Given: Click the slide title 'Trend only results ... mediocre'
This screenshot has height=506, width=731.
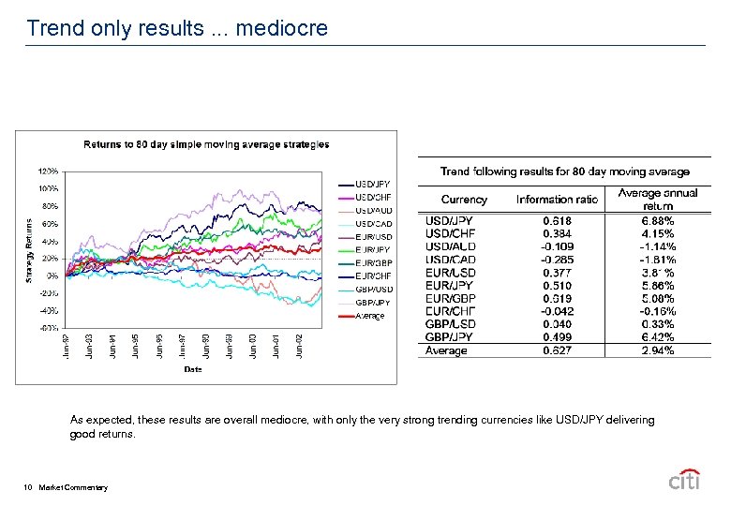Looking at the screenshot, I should tap(177, 28).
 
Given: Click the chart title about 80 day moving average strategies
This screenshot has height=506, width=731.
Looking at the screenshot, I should tap(206, 144).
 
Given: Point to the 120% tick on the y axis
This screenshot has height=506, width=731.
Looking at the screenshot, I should tap(49, 171).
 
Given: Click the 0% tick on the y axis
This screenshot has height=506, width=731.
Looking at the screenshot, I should tap(53, 275).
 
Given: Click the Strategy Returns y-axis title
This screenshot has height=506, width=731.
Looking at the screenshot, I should tap(31, 250).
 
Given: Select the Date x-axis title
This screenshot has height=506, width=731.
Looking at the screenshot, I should tap(192, 369).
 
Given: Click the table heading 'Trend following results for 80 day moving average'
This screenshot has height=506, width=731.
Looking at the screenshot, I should tap(565, 171).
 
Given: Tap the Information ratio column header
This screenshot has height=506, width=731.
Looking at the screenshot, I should tap(557, 200).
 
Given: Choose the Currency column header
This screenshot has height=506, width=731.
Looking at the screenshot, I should tap(464, 200).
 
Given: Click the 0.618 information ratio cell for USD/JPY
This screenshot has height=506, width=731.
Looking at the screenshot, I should tap(557, 221).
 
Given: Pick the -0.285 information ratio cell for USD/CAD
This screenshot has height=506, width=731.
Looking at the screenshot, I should tap(557, 260).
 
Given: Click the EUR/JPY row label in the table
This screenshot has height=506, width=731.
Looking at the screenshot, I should tap(450, 286).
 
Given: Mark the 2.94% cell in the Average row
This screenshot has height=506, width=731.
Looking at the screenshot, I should tap(658, 350).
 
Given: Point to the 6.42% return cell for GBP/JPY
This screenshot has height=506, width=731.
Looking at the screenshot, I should tap(658, 337).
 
